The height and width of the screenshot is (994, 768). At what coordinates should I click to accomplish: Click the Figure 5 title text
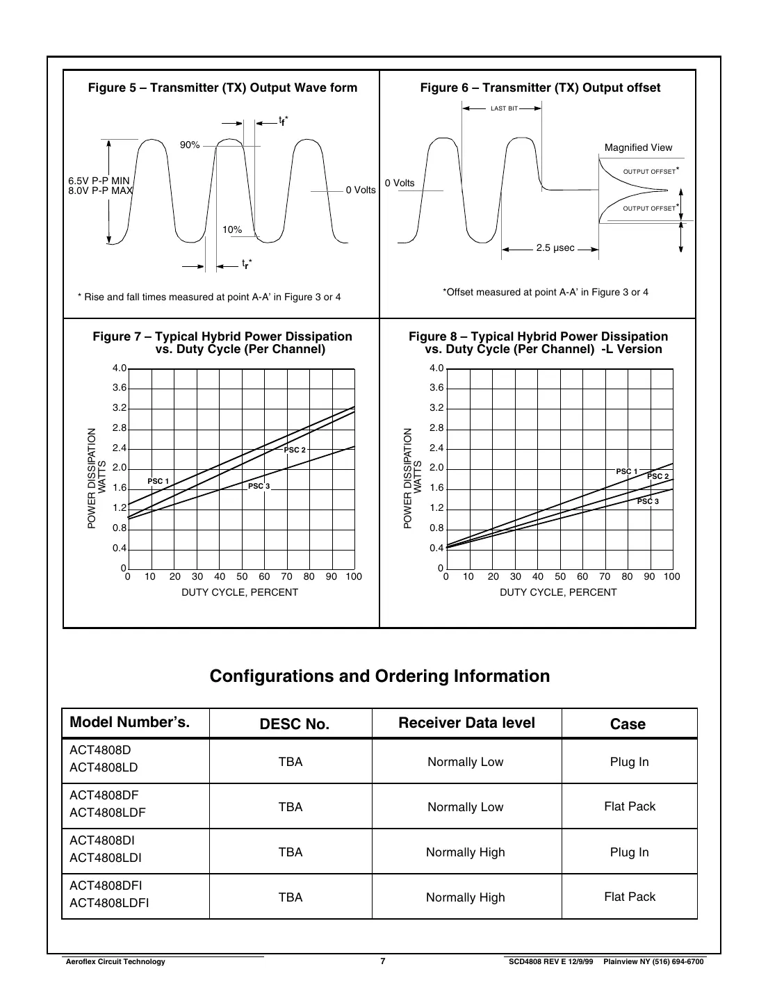(222, 88)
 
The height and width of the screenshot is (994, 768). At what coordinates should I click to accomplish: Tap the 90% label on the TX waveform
(190, 145)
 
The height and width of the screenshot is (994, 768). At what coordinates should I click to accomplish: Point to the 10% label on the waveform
(232, 229)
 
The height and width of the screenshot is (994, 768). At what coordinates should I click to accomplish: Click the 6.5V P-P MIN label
(99, 181)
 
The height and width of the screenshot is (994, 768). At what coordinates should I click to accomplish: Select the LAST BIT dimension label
(504, 108)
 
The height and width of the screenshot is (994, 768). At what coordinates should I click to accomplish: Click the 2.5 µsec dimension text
(555, 248)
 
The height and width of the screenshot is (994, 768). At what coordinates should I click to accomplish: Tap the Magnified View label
(638, 147)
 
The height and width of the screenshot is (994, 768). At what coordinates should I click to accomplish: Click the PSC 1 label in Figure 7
(158, 481)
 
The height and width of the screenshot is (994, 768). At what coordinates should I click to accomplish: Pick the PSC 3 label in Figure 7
(259, 486)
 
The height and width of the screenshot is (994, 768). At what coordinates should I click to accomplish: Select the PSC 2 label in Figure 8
(657, 476)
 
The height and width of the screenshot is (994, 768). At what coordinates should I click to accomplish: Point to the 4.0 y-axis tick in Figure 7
(120, 368)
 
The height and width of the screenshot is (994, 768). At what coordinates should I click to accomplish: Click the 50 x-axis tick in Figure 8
(559, 576)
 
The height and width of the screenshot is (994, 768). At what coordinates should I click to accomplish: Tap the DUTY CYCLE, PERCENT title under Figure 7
(240, 592)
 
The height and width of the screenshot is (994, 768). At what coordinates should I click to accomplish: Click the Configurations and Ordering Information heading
(379, 676)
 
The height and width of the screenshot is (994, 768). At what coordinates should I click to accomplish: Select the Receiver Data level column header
(466, 723)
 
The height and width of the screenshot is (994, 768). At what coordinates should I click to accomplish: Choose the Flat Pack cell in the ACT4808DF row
(630, 806)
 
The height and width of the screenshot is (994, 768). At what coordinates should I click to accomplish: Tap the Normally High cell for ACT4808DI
(465, 852)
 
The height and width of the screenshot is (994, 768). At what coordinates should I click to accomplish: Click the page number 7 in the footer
(383, 961)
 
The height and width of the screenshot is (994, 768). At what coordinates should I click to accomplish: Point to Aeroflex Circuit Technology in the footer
(115, 962)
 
